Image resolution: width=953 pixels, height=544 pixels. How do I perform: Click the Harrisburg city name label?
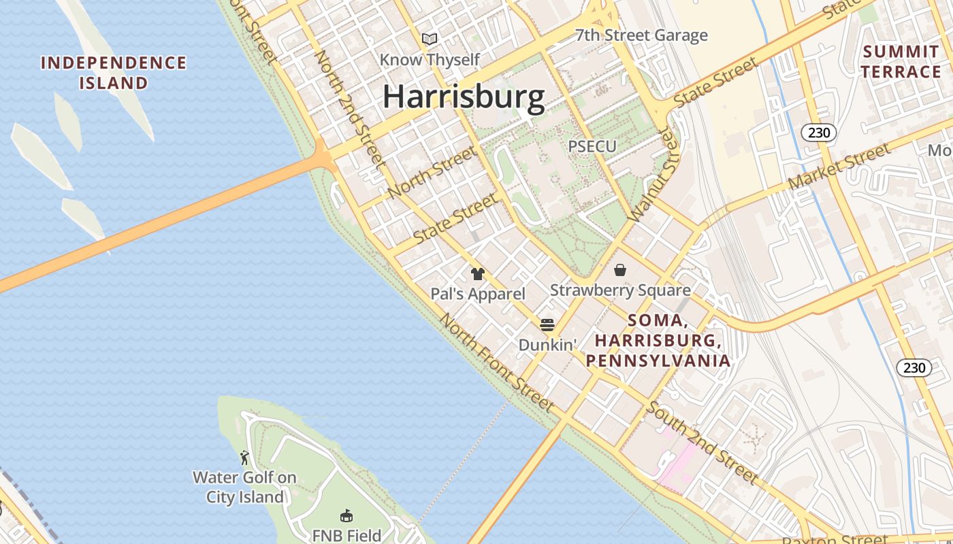[464, 97]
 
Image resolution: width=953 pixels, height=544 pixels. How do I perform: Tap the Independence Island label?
[114, 73]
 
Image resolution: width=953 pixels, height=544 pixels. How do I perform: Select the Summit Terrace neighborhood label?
[901, 61]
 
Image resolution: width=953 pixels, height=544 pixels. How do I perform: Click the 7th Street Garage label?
[641, 35]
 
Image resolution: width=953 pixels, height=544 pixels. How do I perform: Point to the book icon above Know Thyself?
[429, 39]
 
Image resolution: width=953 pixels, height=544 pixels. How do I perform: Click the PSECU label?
[592, 146]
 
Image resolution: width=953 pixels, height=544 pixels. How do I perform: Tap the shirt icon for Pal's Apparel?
[478, 274]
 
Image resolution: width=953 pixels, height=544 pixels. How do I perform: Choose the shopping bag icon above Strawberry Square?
[620, 271]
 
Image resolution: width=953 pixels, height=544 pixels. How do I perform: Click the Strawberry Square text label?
[620, 290]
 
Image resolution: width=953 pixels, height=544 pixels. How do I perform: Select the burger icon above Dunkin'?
[547, 324]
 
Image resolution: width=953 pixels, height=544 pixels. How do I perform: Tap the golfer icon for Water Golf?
[244, 458]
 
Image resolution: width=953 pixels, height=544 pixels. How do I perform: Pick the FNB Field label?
[346, 535]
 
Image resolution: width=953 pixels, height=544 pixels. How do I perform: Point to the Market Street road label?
[839, 167]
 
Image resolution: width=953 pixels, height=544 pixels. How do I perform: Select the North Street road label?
[432, 173]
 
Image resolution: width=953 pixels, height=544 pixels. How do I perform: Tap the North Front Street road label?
[496, 362]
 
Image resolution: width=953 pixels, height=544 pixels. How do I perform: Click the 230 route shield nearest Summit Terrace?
[818, 133]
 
